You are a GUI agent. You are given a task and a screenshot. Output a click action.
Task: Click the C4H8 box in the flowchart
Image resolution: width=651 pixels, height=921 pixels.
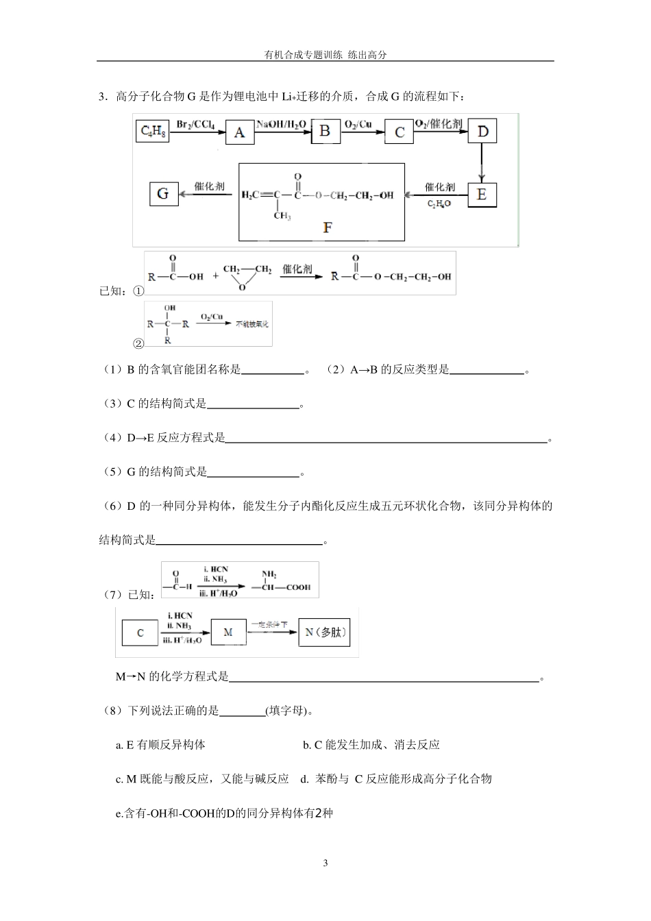click(x=152, y=132)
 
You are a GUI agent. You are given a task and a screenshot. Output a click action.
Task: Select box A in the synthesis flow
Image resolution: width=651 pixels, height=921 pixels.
click(x=239, y=132)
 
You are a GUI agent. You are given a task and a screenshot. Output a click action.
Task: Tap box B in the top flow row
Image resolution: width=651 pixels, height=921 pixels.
click(x=325, y=130)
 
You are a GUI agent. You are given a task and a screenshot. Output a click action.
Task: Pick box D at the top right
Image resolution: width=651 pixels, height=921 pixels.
click(x=482, y=131)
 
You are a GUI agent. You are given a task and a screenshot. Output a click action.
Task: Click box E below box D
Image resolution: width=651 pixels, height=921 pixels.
click(x=482, y=195)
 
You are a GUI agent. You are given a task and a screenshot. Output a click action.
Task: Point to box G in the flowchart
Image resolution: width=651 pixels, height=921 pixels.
click(x=163, y=195)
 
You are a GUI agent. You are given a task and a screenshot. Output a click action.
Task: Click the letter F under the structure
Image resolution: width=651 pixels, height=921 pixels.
click(x=327, y=228)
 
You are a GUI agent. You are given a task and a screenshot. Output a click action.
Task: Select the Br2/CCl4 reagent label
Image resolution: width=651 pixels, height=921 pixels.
click(x=195, y=124)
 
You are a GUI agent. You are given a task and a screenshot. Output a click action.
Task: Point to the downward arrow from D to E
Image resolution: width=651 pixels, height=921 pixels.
click(x=482, y=163)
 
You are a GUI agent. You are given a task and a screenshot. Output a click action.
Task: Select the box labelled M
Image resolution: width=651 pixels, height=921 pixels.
click(x=228, y=632)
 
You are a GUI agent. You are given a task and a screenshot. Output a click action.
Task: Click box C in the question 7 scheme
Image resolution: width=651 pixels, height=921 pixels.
click(x=140, y=633)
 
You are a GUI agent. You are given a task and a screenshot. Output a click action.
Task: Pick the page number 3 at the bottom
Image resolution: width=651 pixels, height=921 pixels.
click(x=325, y=863)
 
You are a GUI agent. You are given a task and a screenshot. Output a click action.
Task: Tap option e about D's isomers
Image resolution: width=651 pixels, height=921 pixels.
click(x=224, y=813)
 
